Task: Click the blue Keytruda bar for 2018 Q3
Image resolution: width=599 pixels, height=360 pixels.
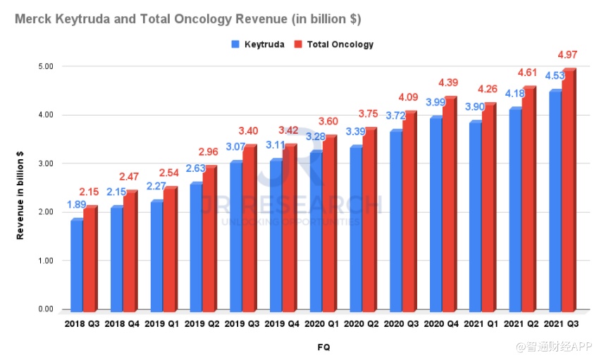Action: [x=76, y=266]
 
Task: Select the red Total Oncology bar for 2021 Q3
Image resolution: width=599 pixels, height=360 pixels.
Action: [x=568, y=190]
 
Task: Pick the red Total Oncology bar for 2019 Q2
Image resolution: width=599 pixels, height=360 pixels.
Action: [x=209, y=239]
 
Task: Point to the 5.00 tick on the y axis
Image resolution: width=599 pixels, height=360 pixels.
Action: [x=46, y=66]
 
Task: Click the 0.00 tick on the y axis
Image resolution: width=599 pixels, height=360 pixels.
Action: [x=46, y=309]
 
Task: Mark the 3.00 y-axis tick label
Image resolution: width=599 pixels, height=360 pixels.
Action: [x=46, y=163]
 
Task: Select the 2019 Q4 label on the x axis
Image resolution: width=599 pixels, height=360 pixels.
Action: [x=283, y=325]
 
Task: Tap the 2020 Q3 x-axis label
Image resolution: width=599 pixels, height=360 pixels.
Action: [x=402, y=325]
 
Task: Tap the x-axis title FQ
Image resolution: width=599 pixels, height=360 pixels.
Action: [x=323, y=347]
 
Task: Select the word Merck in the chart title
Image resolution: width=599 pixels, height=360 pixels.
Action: [x=32, y=16]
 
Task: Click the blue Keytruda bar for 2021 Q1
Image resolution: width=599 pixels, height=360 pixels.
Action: [x=476, y=216]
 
